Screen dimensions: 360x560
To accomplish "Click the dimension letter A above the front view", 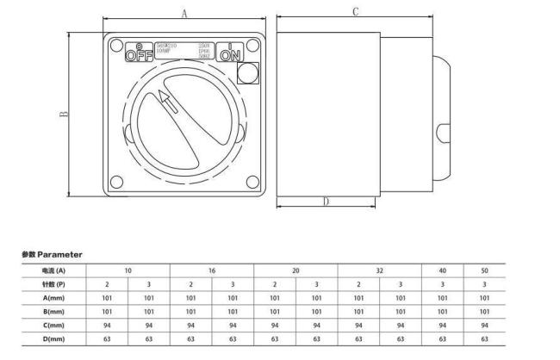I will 184,13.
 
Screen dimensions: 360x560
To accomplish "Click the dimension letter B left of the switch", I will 65,115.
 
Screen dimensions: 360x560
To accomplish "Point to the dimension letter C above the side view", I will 355,11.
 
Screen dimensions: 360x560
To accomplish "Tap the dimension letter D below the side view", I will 326,202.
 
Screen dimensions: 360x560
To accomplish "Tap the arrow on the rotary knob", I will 169,104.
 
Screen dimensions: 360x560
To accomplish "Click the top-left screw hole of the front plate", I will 115,45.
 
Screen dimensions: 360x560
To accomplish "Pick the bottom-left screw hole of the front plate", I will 115,182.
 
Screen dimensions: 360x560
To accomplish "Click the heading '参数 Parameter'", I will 52,255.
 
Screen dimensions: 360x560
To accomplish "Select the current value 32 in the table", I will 379,270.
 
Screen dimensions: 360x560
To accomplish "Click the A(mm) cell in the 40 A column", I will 442,298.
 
